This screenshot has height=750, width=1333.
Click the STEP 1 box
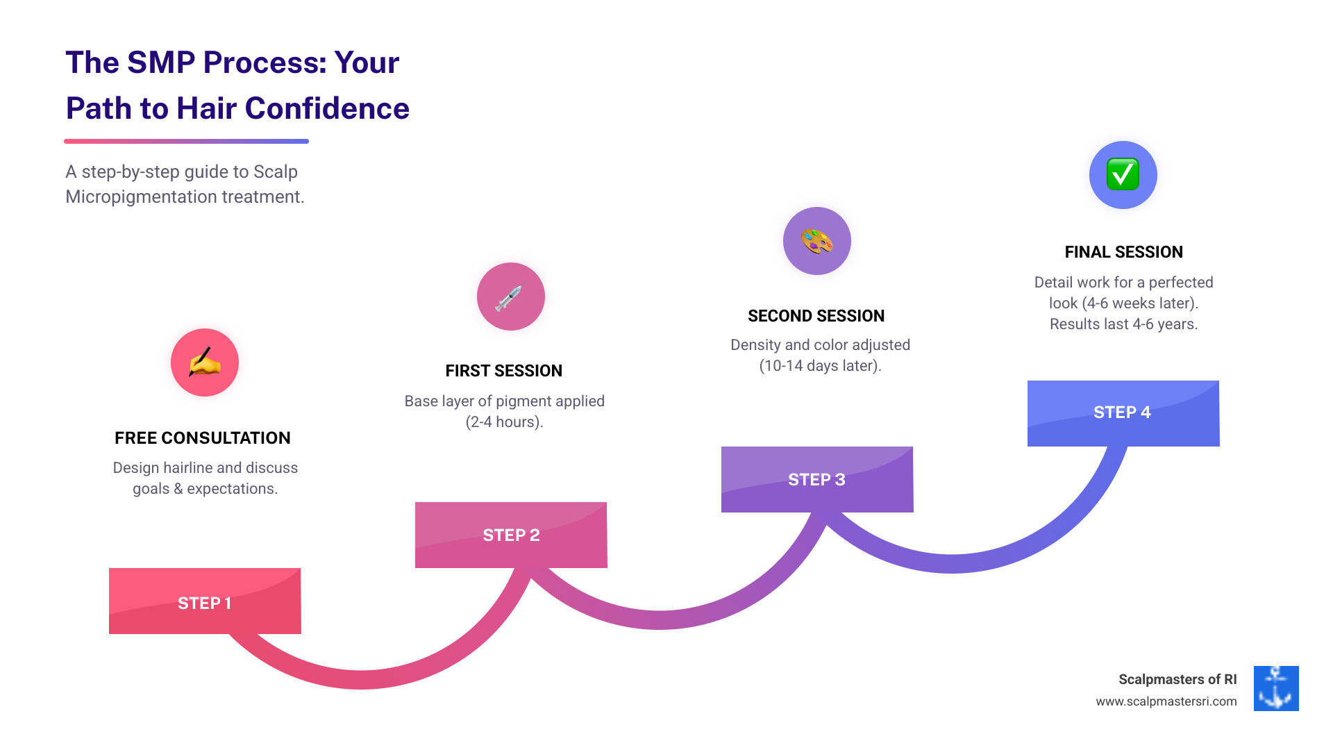click(x=205, y=601)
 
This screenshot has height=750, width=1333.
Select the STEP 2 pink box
click(x=511, y=535)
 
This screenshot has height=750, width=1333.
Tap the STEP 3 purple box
click(x=816, y=479)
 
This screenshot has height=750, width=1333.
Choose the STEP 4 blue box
click(x=1123, y=412)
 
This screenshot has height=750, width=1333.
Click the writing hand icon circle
click(x=205, y=362)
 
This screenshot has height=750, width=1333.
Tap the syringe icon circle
click(x=510, y=297)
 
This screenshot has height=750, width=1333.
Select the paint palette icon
click(x=816, y=241)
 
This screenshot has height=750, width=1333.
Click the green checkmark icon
click(x=1123, y=174)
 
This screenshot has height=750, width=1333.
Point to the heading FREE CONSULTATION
click(x=203, y=438)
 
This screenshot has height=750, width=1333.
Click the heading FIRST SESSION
click(x=504, y=371)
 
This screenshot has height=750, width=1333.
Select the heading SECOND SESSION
click(x=816, y=316)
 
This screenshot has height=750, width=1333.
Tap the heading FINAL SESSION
click(x=1123, y=252)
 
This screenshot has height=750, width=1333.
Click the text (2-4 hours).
click(x=504, y=422)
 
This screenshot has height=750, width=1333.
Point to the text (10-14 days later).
click(x=820, y=366)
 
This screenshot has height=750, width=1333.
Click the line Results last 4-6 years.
click(x=1123, y=324)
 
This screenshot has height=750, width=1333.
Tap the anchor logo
click(x=1275, y=688)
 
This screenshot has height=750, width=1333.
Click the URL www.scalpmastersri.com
click(x=1166, y=701)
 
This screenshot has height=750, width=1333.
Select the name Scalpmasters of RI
click(x=1177, y=679)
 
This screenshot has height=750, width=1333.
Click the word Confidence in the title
click(x=327, y=109)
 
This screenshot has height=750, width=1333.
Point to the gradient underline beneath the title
click(x=186, y=142)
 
